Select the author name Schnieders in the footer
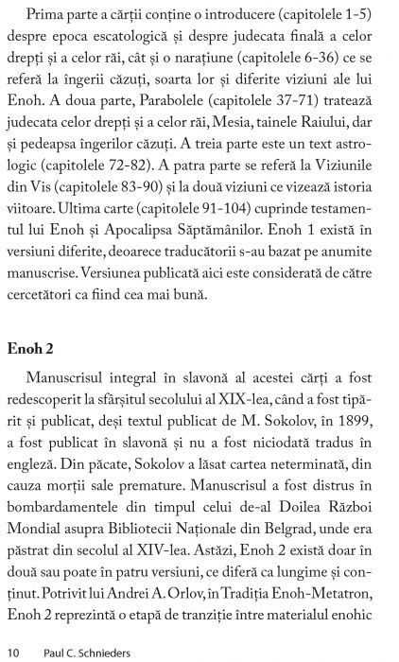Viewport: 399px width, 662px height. click(x=102, y=653)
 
